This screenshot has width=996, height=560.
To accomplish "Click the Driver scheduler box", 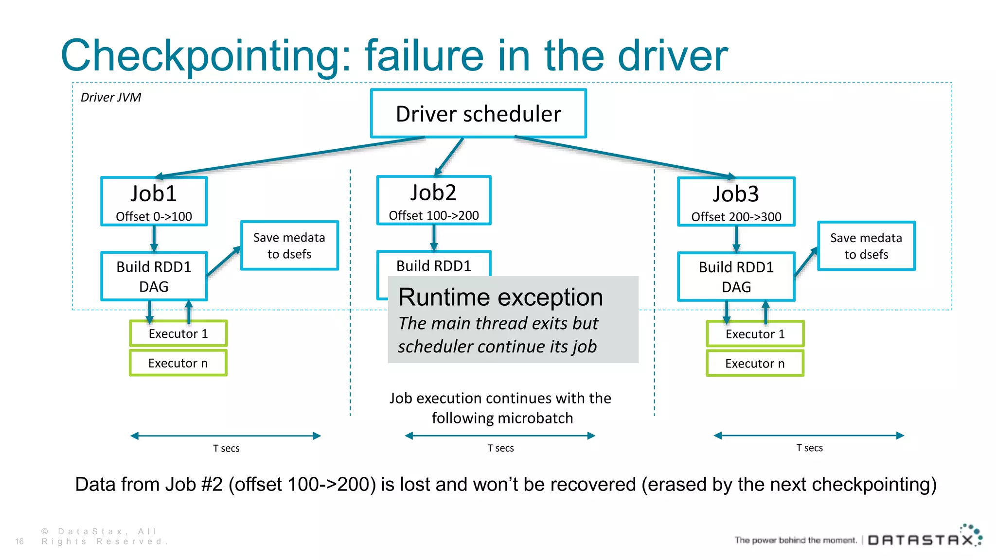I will [478, 114].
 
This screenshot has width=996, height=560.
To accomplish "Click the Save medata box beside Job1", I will [289, 245].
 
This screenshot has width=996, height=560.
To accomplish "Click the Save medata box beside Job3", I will [866, 246].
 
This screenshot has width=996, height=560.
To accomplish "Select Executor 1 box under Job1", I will [178, 333].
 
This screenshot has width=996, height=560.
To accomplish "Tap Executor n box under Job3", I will [755, 364].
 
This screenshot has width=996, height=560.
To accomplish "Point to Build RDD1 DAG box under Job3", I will [736, 277].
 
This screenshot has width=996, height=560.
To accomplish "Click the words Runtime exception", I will [500, 297].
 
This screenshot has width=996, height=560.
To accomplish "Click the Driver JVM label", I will [111, 97].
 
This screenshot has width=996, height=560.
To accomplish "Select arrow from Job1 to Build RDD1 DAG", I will [154, 239].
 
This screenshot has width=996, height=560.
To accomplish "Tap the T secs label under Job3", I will [809, 448].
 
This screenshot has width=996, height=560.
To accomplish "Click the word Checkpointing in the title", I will [204, 56].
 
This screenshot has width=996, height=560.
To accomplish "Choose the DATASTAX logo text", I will [921, 540].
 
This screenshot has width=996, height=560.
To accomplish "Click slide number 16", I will [19, 542].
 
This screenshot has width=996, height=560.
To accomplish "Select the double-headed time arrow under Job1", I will [226, 436].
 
